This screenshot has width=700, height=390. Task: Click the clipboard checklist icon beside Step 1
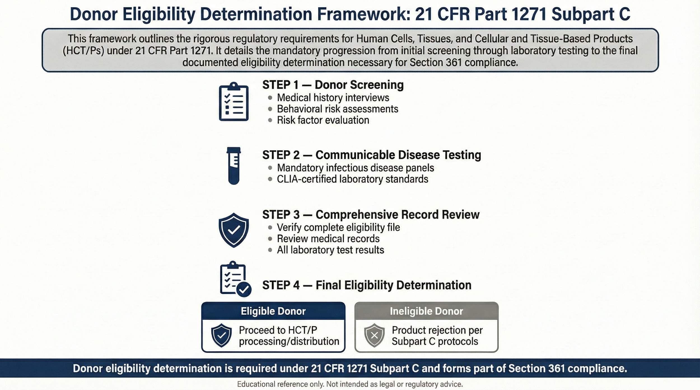click(x=234, y=102)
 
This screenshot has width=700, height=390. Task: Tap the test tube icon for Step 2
click(x=234, y=166)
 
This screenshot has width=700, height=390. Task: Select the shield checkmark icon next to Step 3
click(x=234, y=230)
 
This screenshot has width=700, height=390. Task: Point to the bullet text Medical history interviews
click(x=333, y=98)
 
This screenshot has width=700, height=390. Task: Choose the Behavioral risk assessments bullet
click(x=337, y=109)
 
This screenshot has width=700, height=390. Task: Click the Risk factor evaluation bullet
click(x=323, y=120)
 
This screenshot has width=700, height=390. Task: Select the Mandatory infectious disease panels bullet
click(x=355, y=168)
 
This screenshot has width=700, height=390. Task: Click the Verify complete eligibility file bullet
click(x=338, y=228)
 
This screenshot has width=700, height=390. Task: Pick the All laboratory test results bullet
click(x=330, y=250)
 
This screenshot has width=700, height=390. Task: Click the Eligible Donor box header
click(x=273, y=311)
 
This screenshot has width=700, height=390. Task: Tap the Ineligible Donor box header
click(x=426, y=311)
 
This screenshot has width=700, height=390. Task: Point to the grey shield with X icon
click(x=374, y=335)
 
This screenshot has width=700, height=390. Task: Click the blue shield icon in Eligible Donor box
click(x=221, y=335)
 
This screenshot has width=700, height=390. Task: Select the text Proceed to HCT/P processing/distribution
click(x=288, y=336)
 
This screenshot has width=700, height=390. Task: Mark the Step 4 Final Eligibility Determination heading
click(x=367, y=285)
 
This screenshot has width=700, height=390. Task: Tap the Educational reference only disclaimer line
click(x=350, y=384)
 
